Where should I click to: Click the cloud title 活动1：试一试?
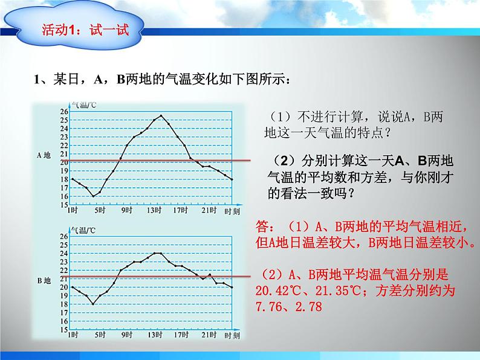(x=85, y=28)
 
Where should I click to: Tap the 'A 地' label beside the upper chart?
(x=45, y=155)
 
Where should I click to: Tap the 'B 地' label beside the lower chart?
(x=45, y=280)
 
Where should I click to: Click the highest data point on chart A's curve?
(x=161, y=115)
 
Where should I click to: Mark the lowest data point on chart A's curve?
(x=93, y=196)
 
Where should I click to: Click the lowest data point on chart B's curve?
(x=93, y=304)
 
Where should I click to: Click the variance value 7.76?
(x=270, y=307)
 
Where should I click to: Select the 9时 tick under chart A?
(x=126, y=210)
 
